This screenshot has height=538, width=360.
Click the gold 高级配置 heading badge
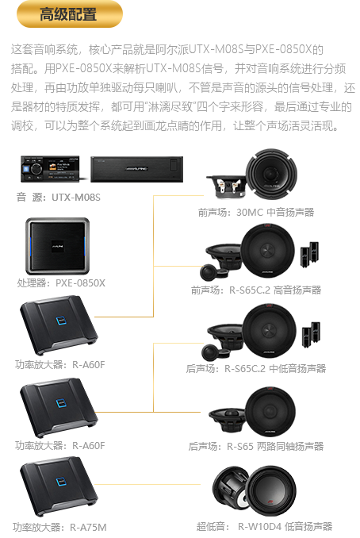click(70, 14)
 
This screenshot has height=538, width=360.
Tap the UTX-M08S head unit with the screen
click(50, 169)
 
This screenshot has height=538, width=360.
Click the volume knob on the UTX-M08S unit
click(36, 168)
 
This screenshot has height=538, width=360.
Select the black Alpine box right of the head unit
click(137, 169)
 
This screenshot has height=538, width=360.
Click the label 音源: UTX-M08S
click(59, 198)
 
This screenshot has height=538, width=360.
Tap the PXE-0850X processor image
click(58, 246)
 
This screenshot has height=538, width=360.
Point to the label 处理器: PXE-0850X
click(61, 283)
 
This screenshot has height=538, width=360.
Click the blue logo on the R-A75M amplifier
click(61, 482)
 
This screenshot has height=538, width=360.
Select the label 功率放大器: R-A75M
click(59, 527)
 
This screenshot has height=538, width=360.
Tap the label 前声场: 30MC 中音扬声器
click(256, 213)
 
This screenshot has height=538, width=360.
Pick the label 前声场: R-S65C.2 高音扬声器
click(256, 290)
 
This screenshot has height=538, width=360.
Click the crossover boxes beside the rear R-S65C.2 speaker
click(311, 332)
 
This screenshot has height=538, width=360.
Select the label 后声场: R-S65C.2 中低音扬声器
click(256, 368)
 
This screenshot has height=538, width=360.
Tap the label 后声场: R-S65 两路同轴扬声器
click(256, 447)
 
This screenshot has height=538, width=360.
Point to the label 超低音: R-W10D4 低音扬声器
click(264, 526)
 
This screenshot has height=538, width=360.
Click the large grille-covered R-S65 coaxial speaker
click(270, 412)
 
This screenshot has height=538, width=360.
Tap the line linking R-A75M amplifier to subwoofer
click(147, 485)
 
